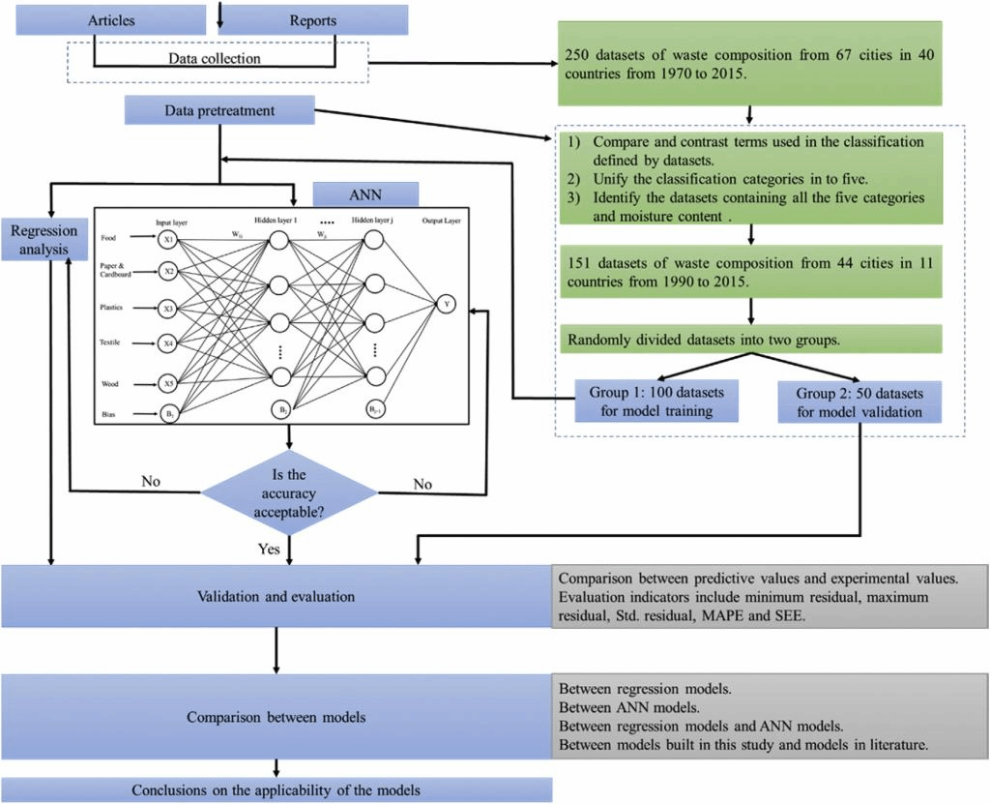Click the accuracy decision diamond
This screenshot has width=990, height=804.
(x=288, y=492)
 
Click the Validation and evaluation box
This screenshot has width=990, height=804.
(x=277, y=596)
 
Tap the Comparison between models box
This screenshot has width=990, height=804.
(x=277, y=718)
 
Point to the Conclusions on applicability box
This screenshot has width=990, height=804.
(x=277, y=789)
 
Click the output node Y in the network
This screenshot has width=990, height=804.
(x=447, y=304)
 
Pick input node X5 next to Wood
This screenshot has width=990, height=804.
(x=169, y=383)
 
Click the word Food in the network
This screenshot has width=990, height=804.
(x=109, y=237)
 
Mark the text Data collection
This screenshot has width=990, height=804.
(x=215, y=59)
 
